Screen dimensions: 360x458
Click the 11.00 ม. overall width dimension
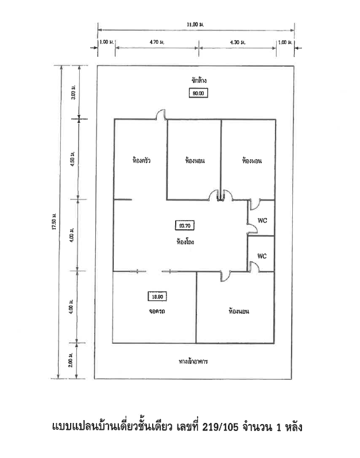(x=195, y=25)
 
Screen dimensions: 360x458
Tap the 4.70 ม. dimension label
(x=157, y=42)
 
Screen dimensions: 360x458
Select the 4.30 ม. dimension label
(x=238, y=43)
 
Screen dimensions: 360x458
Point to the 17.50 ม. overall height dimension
(x=54, y=222)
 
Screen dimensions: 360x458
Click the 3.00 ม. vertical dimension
(x=73, y=92)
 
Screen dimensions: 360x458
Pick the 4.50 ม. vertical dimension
(x=73, y=159)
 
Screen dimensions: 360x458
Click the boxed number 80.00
(x=199, y=93)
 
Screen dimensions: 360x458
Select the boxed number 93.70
(x=185, y=225)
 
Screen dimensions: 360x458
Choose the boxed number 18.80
(x=157, y=297)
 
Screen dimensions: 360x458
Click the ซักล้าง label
(x=199, y=80)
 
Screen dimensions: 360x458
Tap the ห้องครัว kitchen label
(x=141, y=160)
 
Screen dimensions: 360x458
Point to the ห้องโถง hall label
(x=185, y=242)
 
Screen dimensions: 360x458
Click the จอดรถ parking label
(x=157, y=311)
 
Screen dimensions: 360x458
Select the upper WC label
(x=262, y=221)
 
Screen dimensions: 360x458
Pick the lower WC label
(x=262, y=256)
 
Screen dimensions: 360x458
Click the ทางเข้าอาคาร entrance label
(x=193, y=361)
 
